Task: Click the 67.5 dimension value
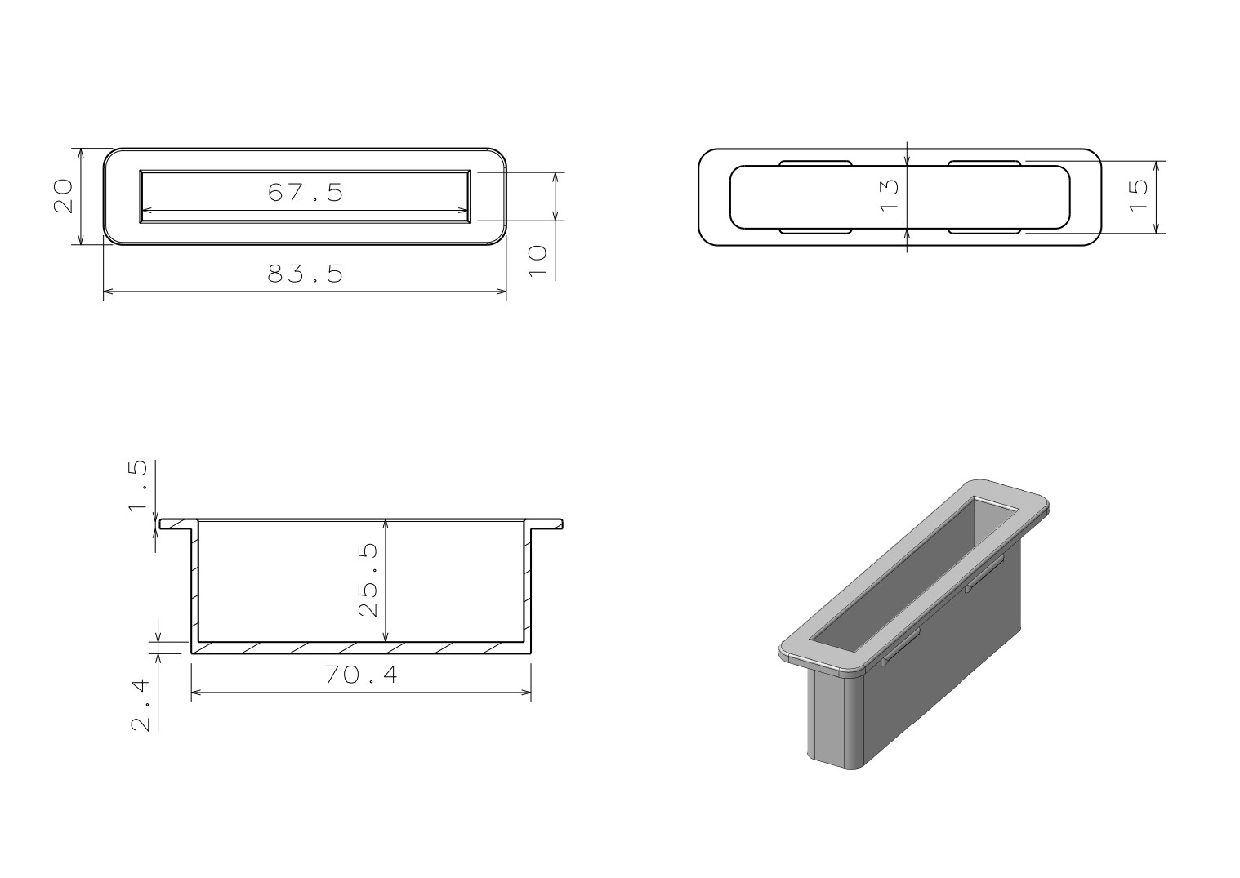306,192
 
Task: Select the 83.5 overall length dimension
306,274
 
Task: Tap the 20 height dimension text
63,195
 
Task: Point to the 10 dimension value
537,261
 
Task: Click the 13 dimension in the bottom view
889,195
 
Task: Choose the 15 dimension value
1138,195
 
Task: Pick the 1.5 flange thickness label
138,485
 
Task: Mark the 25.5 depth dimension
368,580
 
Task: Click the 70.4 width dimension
361,675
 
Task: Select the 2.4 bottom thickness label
140,706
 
